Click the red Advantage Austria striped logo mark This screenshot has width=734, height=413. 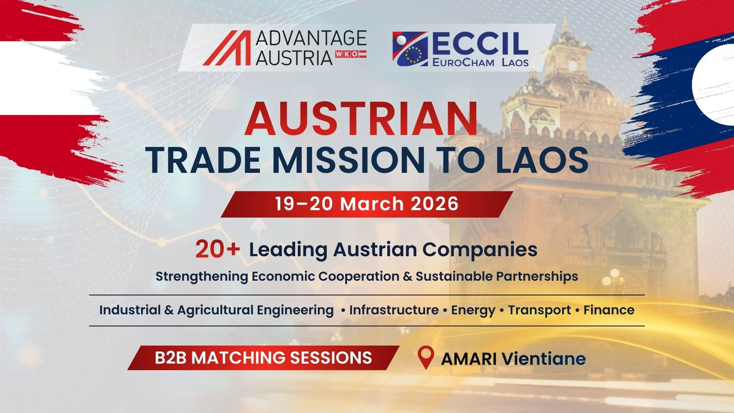point(228,48)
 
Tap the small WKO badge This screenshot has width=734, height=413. point(351,54)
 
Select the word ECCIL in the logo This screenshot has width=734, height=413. point(480,43)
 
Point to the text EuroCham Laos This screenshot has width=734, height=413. point(480,62)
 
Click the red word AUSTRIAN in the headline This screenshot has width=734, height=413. point(361,119)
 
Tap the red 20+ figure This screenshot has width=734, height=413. point(217,249)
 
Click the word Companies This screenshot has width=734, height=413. point(480,250)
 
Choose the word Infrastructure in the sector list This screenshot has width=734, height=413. point(394,310)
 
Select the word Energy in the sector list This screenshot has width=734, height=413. point(473,310)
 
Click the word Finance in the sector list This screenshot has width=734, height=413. point(609,310)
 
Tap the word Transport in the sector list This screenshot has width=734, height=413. point(539,310)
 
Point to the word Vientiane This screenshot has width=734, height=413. point(543,359)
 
